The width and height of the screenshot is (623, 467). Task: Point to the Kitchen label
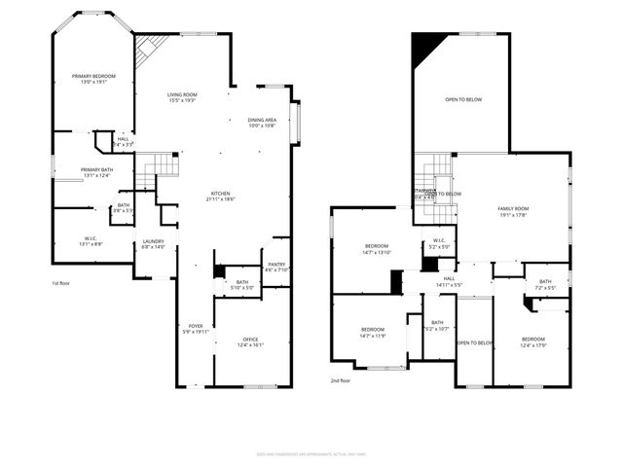click(220, 196)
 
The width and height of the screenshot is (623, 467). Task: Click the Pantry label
click(276, 268)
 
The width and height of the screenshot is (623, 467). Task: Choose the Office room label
click(250, 342)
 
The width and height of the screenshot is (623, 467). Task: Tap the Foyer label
click(196, 329)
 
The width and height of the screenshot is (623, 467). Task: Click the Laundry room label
click(153, 244)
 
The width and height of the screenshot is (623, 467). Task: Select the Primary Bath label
click(96, 172)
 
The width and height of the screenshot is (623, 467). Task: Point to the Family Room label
click(513, 211)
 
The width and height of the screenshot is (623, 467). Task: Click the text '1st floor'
click(62, 283)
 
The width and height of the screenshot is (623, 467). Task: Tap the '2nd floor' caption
click(341, 380)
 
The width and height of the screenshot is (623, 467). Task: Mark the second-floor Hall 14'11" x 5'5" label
click(449, 282)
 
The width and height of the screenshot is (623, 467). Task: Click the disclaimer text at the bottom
click(311, 453)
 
